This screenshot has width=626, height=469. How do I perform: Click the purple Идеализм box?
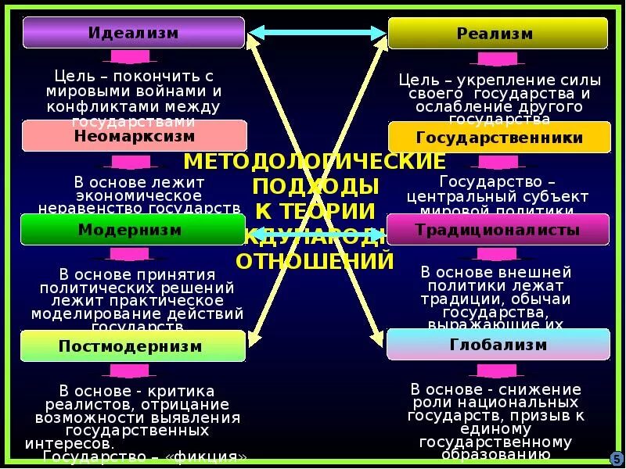click(x=133, y=33)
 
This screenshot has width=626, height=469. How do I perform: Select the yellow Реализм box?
click(x=498, y=34)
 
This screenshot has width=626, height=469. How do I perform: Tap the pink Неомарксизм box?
click(x=134, y=136)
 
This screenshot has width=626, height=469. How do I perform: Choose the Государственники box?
click(x=499, y=138)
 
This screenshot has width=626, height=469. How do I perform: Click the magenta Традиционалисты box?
click(x=498, y=230)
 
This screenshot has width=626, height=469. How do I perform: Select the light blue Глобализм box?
click(x=498, y=345)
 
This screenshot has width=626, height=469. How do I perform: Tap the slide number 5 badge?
click(x=616, y=458)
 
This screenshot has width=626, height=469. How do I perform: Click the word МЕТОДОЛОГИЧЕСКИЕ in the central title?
click(x=315, y=162)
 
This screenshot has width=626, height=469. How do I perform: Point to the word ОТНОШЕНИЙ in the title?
click(x=315, y=260)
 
